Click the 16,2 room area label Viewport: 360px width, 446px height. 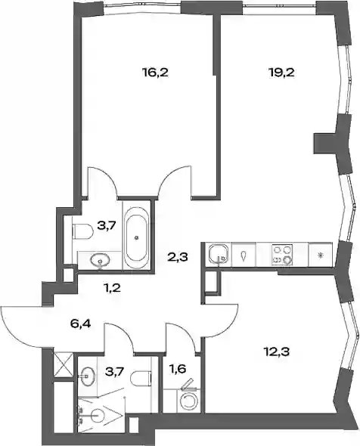coord(155,73)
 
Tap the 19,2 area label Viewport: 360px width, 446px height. coord(281,73)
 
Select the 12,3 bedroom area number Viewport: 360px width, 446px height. coord(276,352)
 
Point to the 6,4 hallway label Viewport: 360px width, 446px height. coord(80,324)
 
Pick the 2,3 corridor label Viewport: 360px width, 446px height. coord(177,258)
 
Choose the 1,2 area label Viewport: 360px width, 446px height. coord(112,289)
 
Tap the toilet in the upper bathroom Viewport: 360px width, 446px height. coord(82,231)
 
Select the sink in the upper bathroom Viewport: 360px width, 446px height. coord(100,260)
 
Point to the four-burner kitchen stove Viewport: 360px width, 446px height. coord(283,255)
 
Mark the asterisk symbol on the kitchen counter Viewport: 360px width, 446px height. coord(320,256)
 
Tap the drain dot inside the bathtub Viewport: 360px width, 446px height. coord(137,237)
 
